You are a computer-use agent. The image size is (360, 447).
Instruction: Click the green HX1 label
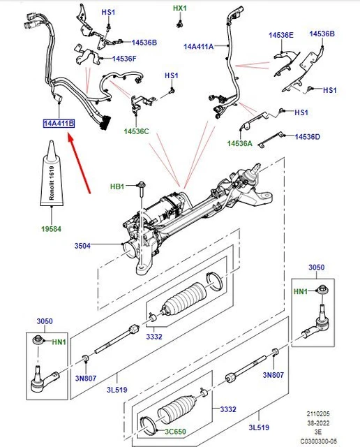click(x=180, y=8)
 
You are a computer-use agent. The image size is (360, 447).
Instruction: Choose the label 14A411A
click(x=198, y=47)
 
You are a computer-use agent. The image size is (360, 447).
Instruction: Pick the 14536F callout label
click(x=123, y=58)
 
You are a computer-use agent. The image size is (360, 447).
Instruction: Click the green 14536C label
click(x=137, y=131)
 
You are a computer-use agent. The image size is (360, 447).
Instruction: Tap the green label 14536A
click(x=239, y=143)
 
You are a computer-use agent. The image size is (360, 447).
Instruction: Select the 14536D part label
click(x=307, y=137)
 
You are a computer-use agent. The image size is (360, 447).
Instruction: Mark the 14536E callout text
click(x=281, y=34)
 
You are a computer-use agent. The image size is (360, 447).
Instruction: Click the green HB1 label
click(x=117, y=186)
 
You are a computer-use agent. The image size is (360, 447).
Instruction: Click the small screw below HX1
click(x=180, y=24)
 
